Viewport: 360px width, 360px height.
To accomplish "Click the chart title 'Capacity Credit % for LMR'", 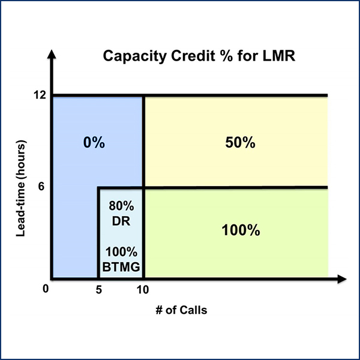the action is tap(199, 56).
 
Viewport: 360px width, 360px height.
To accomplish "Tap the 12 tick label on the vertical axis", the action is tap(40, 95).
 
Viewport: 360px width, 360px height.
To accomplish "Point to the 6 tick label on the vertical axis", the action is tap(41, 186).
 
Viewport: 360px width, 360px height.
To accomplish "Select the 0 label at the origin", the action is tap(46, 289).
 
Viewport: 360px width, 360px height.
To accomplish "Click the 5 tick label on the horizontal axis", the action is tap(99, 290).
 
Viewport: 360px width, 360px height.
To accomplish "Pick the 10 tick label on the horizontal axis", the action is tap(143, 290).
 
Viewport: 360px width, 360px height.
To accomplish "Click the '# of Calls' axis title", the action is tap(181, 310).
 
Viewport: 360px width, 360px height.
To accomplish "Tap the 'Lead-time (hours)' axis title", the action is tap(20, 188).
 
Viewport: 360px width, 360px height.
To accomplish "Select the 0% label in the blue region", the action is tap(94, 142).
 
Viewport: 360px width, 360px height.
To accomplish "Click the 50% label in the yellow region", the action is tap(240, 142).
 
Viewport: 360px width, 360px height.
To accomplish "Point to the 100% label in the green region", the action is tap(241, 230).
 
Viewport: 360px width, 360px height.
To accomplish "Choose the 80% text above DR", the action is tap(121, 206).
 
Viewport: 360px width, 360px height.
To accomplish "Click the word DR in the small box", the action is tap(121, 221).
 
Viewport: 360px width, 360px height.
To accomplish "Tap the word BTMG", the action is tap(121, 267).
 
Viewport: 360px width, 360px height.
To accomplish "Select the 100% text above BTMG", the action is tap(121, 252).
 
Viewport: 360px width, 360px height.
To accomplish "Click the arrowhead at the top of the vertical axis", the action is tap(52, 54).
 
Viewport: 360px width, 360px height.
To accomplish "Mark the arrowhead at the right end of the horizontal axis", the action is tap(342, 279).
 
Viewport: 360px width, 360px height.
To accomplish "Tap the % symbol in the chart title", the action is tap(226, 56).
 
